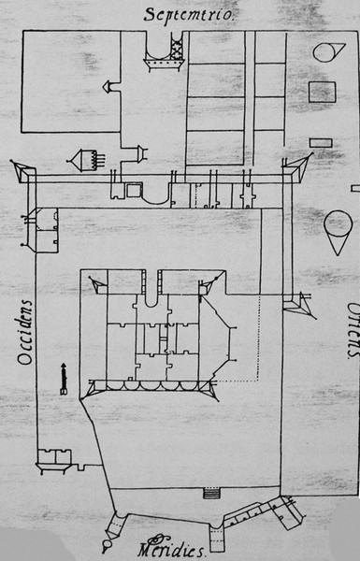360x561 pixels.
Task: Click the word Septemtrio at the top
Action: (189, 14)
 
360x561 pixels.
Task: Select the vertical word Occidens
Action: (25, 332)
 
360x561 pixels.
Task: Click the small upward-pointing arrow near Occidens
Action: (64, 379)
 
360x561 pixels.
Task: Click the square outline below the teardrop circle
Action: (322, 92)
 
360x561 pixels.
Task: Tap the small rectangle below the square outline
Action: (321, 143)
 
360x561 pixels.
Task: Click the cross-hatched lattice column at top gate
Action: (177, 46)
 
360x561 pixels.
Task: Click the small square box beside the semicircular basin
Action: (135, 190)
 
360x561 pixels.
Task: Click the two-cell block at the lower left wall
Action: (55, 456)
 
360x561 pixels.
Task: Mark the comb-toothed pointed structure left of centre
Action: (86, 161)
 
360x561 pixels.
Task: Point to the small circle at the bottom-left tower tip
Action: (107, 545)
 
